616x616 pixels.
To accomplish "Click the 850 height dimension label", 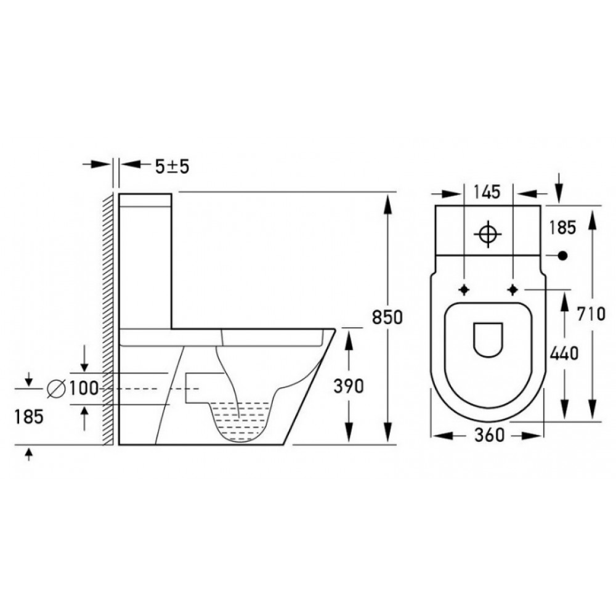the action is point(387,317).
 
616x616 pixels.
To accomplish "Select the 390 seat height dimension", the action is point(349,387).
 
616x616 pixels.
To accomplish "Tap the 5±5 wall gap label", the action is point(172,166).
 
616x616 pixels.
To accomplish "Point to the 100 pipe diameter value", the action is point(84,389).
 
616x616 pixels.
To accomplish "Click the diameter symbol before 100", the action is point(56,389).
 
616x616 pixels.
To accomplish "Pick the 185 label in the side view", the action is point(29,417).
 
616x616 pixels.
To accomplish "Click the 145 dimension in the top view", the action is point(487,192).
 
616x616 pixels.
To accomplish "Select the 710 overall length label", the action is point(591,314).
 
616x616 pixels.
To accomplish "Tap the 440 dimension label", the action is point(564,354).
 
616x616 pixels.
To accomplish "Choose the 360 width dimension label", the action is point(490,435).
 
